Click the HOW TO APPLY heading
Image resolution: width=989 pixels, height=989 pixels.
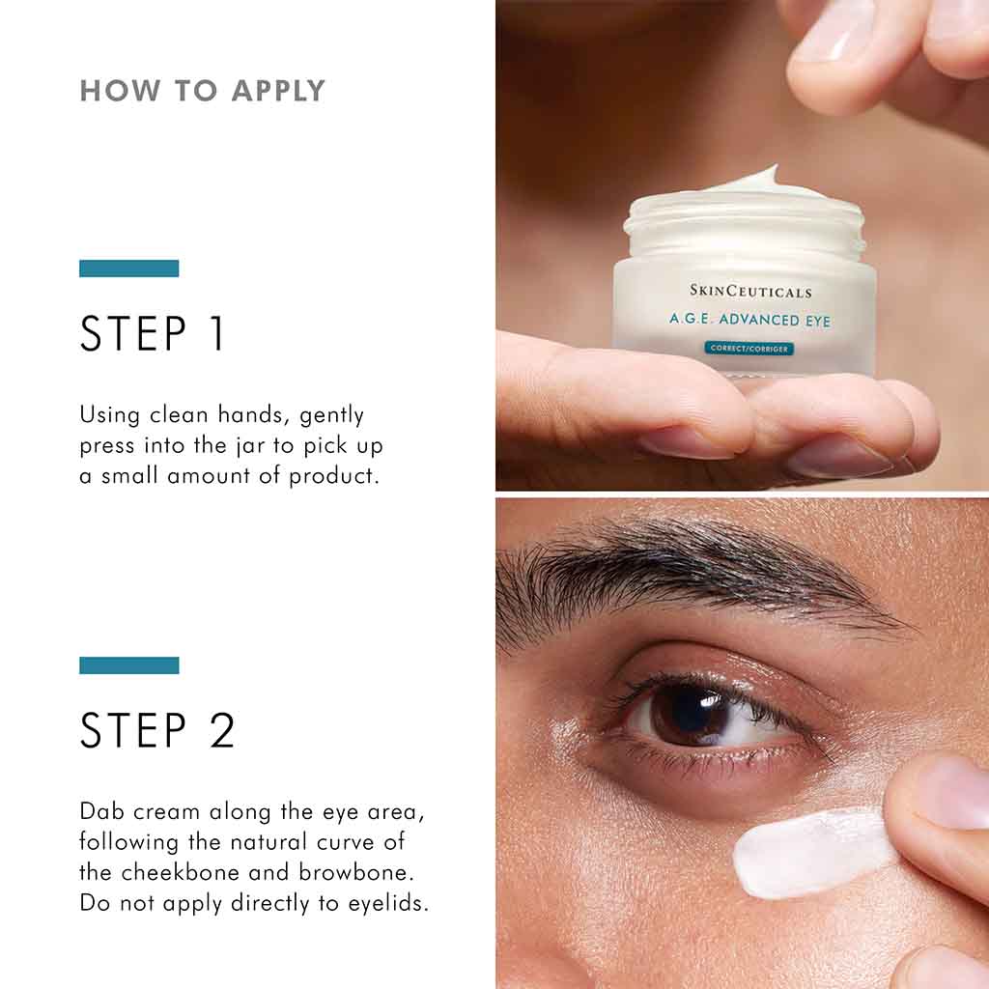202,91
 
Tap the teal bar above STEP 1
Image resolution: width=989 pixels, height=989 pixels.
128,268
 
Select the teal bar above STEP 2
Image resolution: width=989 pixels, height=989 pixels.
128,665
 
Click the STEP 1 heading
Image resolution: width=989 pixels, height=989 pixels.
153,334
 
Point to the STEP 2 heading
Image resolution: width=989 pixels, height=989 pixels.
157,731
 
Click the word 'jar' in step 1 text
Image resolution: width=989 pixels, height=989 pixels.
242,446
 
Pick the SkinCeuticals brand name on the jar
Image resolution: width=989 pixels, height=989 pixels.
750,291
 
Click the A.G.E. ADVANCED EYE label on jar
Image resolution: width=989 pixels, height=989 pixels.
749,320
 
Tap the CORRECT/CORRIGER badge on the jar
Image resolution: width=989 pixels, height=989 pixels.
749,348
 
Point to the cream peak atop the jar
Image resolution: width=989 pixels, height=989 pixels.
763,179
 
